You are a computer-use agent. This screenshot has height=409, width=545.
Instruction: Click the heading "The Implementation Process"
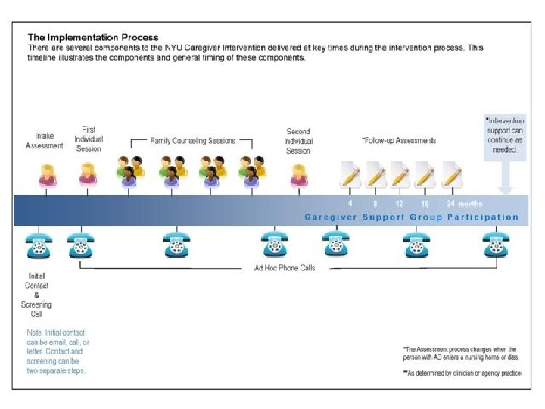click(93, 36)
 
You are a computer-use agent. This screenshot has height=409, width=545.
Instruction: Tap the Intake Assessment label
click(45, 141)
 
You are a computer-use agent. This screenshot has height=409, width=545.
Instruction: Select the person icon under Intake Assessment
click(47, 175)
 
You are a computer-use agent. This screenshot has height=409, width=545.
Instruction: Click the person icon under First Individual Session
click(88, 175)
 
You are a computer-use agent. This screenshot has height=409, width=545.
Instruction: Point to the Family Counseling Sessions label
click(192, 141)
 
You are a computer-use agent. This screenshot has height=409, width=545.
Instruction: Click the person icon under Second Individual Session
click(299, 175)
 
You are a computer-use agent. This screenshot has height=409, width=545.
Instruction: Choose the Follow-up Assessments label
click(399, 141)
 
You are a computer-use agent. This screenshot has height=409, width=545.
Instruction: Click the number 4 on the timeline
click(350, 203)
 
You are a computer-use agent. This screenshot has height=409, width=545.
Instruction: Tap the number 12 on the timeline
click(400, 203)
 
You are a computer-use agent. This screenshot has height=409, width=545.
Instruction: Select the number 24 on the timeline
click(451, 203)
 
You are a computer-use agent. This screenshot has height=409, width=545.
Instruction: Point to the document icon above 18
click(426, 175)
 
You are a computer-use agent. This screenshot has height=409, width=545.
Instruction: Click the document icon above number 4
click(350, 175)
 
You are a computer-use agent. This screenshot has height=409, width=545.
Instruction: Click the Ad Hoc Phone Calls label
click(285, 268)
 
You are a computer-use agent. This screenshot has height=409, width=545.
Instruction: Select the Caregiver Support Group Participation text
click(411, 217)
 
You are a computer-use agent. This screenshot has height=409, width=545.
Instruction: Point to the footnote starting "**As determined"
click(462, 373)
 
